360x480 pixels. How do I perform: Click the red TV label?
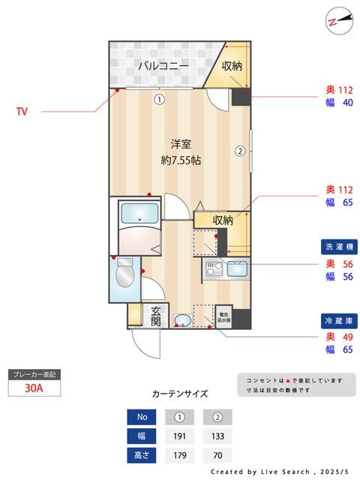[22, 112]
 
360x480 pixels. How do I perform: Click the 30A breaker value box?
[33, 389]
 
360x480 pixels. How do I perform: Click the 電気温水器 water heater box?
[223, 316]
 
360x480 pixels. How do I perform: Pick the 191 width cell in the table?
[180, 435]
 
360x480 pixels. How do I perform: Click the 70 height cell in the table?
[218, 454]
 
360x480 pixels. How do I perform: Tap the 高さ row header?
[141, 454]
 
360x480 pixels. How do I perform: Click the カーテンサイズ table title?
[180, 393]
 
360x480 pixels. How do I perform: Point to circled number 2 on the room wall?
[240, 150]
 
